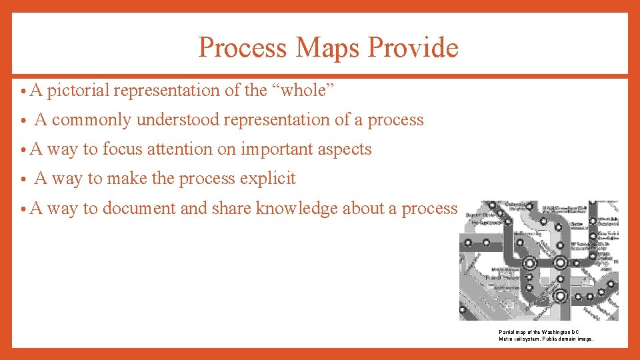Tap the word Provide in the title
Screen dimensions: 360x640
(x=413, y=47)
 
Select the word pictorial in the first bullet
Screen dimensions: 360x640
(x=76, y=90)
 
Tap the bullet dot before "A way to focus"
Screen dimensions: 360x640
(x=23, y=150)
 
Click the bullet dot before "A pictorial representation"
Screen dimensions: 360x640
(x=23, y=91)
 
